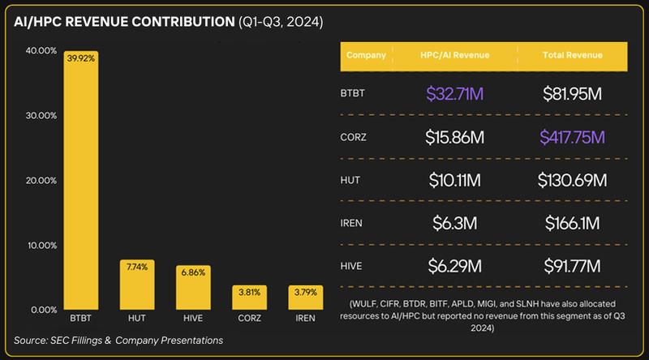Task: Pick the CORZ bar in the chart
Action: tap(249, 298)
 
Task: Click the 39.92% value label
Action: tap(80, 58)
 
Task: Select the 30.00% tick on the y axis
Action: tap(41, 115)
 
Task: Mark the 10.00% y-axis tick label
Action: tap(41, 245)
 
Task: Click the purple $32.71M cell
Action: tap(454, 94)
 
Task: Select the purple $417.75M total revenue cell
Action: tap(572, 137)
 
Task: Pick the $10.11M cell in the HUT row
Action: tap(454, 180)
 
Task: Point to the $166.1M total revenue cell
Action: tap(572, 223)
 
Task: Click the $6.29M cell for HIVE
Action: tap(454, 266)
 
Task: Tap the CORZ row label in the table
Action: tap(354, 137)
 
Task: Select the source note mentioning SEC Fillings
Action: tap(118, 340)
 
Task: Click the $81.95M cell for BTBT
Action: tap(572, 94)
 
